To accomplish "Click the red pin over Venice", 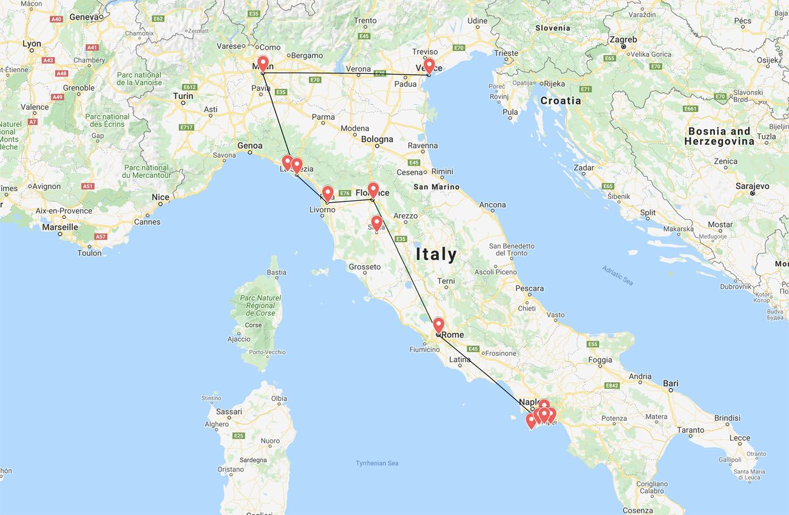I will click(x=429, y=65).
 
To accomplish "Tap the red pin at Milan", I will click(x=263, y=63).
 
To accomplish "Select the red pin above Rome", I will click(x=438, y=325).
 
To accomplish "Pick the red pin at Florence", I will click(x=373, y=189).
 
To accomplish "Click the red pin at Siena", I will click(x=376, y=223).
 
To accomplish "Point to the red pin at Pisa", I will click(x=327, y=193).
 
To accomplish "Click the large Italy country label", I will click(x=436, y=254).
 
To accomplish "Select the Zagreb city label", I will click(x=623, y=39).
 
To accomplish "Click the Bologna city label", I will click(x=377, y=139).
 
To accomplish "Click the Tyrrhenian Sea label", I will click(x=377, y=463).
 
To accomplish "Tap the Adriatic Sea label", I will click(x=617, y=275).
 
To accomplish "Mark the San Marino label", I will click(x=436, y=187).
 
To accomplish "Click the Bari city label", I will click(x=671, y=383).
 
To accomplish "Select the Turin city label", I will click(x=183, y=96).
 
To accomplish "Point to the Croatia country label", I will click(x=561, y=101).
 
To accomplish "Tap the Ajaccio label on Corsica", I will click(x=239, y=338).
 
